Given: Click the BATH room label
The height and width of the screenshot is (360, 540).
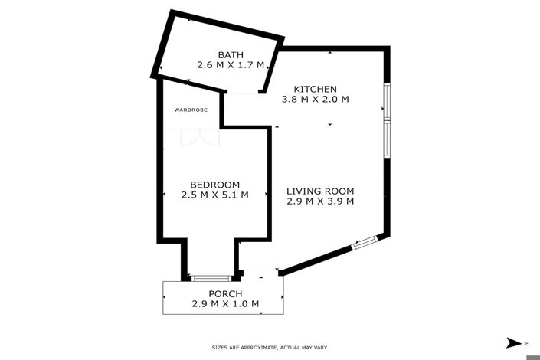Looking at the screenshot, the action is coord(231,55).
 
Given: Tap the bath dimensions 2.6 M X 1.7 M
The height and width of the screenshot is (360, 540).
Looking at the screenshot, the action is coord(231,65).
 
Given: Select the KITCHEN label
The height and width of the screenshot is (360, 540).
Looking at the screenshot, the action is coord(315,89).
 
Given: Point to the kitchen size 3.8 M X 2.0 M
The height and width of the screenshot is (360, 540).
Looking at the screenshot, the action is coord(315,100).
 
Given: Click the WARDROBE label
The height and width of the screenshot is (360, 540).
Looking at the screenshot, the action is coord(191,110).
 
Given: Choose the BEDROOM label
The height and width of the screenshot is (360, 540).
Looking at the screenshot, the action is coord(215,185).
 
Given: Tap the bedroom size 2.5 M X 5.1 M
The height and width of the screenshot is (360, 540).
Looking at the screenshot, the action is coord(215,195).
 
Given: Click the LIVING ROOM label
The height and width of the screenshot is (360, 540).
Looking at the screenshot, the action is coord(320,191).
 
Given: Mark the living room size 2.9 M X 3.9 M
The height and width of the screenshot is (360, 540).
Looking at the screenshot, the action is coord(320,201).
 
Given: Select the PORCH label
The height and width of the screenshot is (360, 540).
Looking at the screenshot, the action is coord(225,294).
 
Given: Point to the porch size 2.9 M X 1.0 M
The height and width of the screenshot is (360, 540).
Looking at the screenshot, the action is coord(225,304).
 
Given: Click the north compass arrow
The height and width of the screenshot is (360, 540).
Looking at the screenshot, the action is coord(514,343).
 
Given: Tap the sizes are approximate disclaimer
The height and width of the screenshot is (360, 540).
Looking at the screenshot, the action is coord(270,348).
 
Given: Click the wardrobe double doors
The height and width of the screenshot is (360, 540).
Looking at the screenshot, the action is coord(200,138).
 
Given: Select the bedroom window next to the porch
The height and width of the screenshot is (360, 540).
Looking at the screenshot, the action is coord(211,278).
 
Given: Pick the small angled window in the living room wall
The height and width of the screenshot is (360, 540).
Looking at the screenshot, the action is coord(365,242).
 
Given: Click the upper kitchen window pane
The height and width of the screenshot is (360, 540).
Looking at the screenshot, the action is coord(387,101).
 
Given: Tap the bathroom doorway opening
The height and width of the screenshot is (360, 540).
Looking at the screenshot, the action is coord(243,93).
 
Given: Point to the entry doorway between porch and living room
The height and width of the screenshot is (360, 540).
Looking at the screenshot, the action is coord(260,271).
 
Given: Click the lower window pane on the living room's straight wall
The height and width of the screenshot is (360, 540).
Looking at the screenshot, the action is coord(387,139).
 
